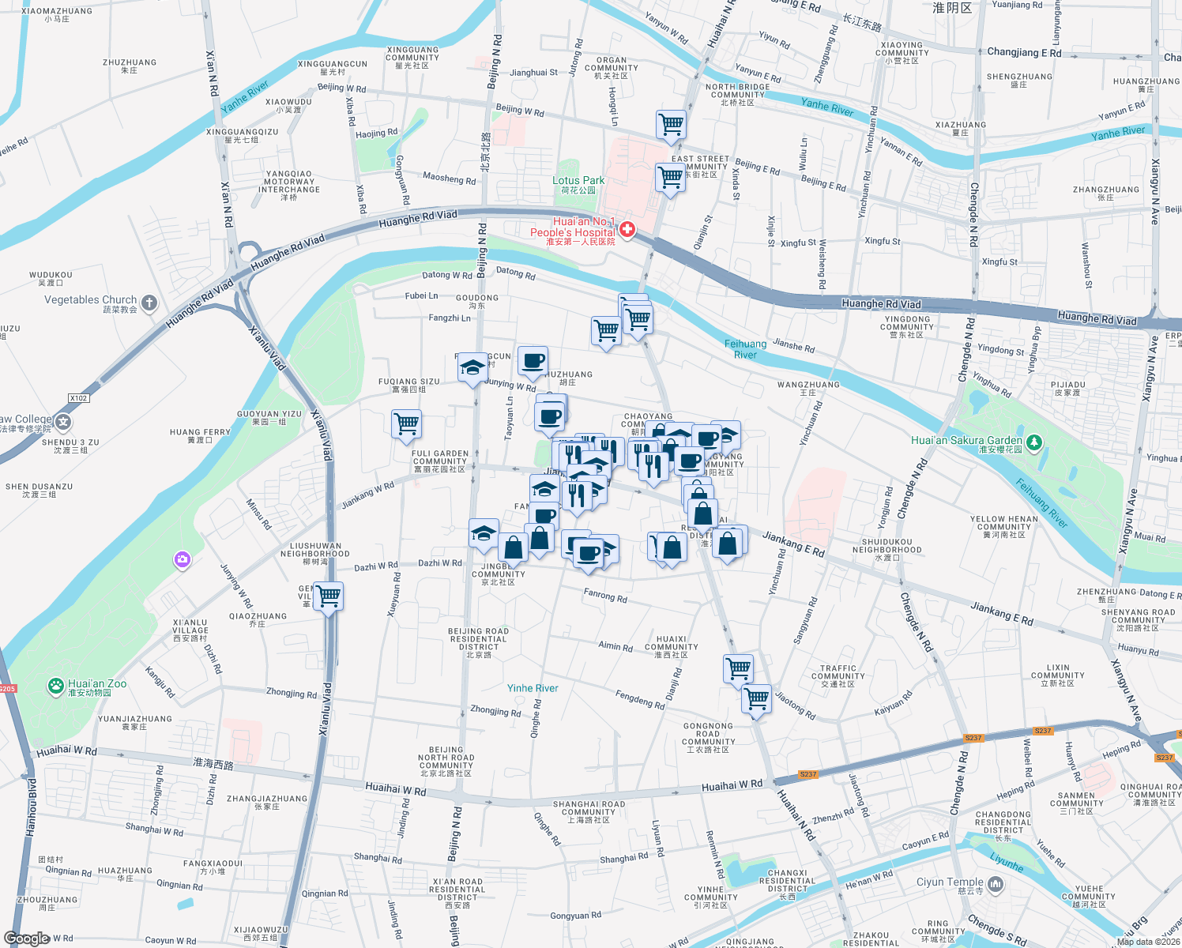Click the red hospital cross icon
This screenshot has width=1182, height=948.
627,230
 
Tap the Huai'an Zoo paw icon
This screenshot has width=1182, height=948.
55,686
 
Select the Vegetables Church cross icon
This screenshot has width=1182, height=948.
149,303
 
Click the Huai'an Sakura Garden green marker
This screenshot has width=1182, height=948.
1033,442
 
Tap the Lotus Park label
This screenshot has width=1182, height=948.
578,181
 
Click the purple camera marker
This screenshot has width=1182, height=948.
183,559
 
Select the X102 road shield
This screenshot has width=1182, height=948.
78,398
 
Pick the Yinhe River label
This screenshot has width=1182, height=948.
533,688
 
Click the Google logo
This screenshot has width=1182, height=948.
27,938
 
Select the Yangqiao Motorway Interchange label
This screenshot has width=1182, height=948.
289,185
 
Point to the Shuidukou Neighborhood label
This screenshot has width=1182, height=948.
886,546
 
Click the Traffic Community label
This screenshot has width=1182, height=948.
838,672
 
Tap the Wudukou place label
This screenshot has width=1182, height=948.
51,275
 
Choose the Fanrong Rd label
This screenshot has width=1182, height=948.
605,596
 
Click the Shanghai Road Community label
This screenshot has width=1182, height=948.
589,808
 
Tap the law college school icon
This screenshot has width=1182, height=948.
64,422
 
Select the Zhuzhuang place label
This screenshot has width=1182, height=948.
130,62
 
